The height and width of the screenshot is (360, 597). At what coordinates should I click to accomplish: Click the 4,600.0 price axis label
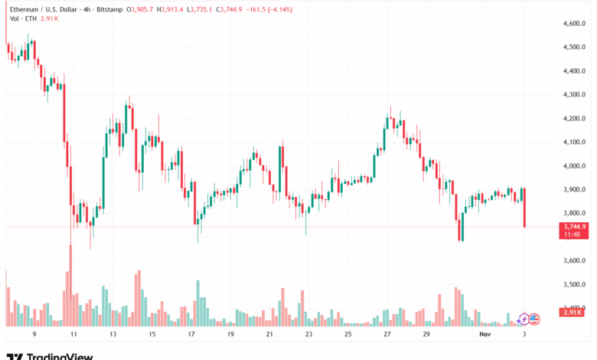(573, 24)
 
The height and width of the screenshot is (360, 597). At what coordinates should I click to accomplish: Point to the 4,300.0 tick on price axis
(573, 95)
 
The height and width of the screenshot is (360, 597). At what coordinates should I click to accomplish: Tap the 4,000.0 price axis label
(573, 166)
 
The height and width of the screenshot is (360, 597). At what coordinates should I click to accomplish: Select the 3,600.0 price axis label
(573, 261)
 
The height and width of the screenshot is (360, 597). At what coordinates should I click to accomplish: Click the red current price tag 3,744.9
(573, 227)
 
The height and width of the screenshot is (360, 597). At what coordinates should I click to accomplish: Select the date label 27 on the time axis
(388, 335)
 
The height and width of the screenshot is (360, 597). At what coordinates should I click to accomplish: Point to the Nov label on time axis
(484, 335)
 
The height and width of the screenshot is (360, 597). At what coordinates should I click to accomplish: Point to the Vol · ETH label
(20, 19)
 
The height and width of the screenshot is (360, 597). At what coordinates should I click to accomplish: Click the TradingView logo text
(60, 356)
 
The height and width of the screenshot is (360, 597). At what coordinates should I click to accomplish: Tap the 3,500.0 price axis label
(573, 285)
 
